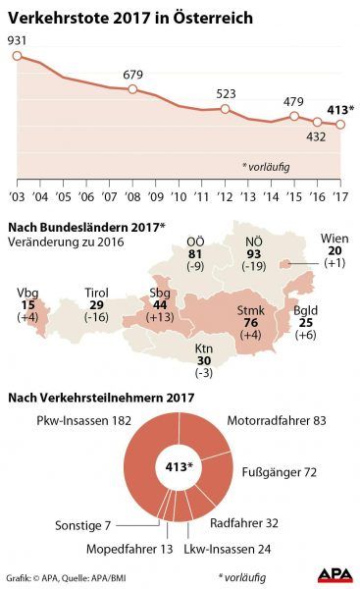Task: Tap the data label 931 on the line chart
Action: point(17,39)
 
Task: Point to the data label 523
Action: point(227,94)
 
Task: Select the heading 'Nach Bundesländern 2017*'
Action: point(86,228)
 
